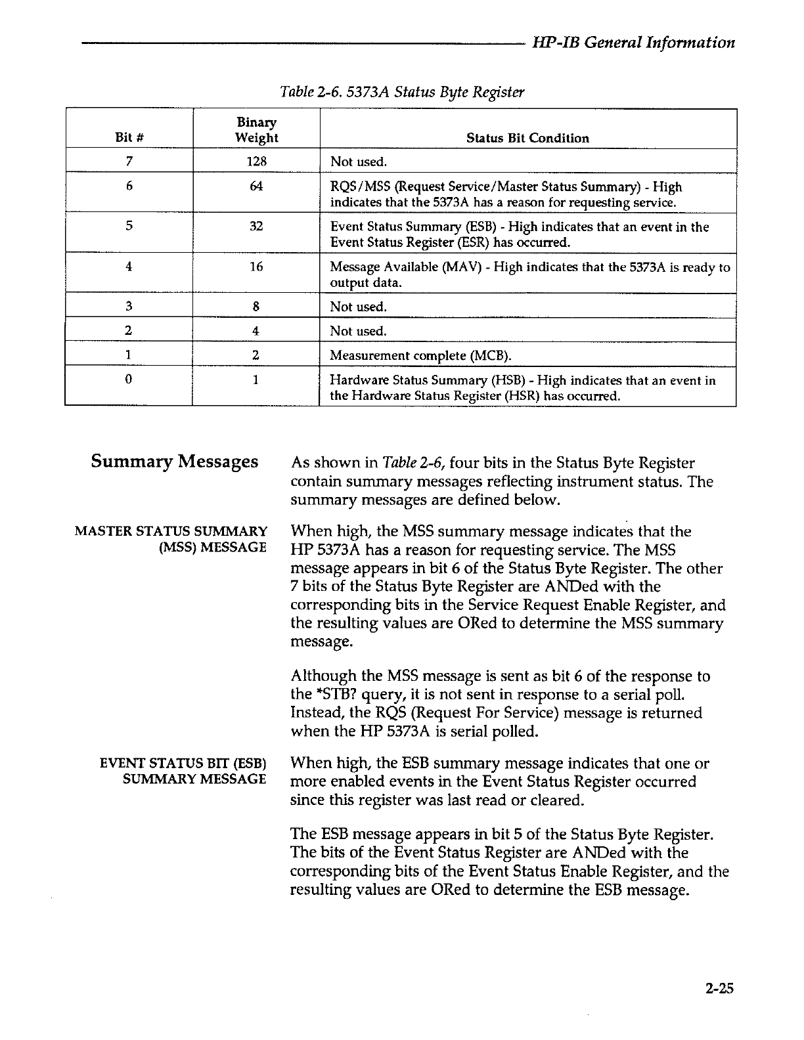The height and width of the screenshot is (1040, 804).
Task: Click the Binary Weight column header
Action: [x=256, y=130]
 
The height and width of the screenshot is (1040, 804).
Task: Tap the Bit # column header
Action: [x=129, y=138]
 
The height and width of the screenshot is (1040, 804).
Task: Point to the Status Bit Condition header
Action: [x=527, y=138]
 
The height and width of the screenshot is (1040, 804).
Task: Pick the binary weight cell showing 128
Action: [x=256, y=162]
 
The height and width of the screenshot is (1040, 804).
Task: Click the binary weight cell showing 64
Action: [x=256, y=186]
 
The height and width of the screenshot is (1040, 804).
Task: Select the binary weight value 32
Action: [x=256, y=227]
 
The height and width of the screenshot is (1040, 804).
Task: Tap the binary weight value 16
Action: [x=256, y=267]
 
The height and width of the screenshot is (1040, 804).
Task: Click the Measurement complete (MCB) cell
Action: [x=420, y=356]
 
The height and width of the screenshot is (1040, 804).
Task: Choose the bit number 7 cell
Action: [x=129, y=162]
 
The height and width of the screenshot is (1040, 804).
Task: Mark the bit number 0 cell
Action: [x=129, y=380]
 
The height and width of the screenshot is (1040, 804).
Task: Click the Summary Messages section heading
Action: [x=174, y=461]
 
